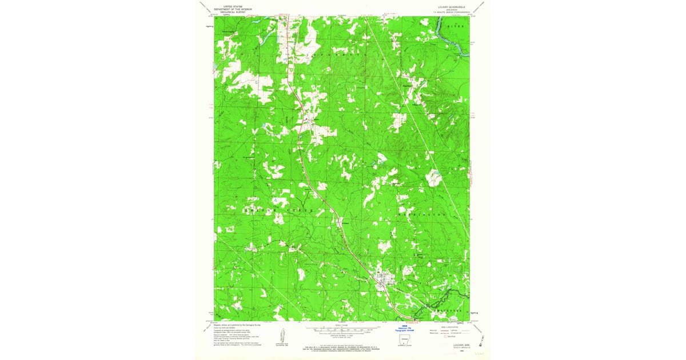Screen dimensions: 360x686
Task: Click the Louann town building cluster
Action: [x=384, y=279]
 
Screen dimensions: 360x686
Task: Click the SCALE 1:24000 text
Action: [x=342, y=325]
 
